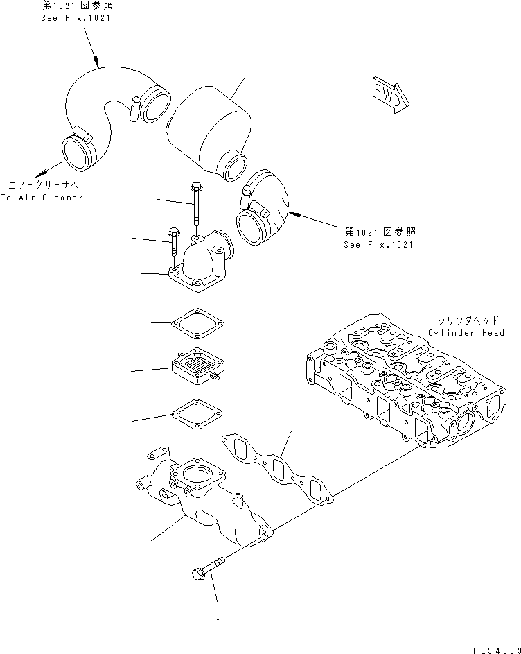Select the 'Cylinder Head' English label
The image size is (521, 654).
click(x=465, y=333)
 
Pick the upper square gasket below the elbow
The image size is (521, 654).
click(x=199, y=322)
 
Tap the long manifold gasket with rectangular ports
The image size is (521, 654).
click(x=277, y=467)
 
